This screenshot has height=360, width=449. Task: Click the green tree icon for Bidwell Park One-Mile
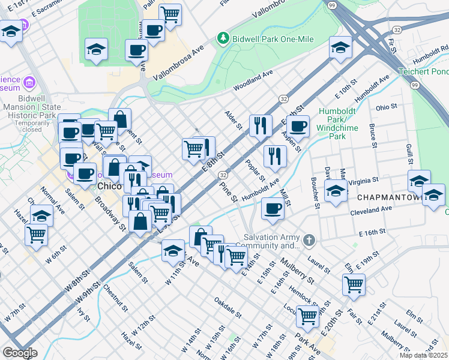coord(223,38)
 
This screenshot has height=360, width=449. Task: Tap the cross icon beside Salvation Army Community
coord(309,241)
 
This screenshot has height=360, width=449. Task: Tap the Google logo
coord(20,352)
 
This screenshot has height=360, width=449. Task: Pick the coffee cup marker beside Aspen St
coord(298,126)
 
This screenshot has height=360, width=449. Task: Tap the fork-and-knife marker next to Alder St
coord(259,125)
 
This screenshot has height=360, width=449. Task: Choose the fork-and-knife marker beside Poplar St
coord(275,156)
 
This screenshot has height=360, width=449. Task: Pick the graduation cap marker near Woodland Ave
coord(340,48)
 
